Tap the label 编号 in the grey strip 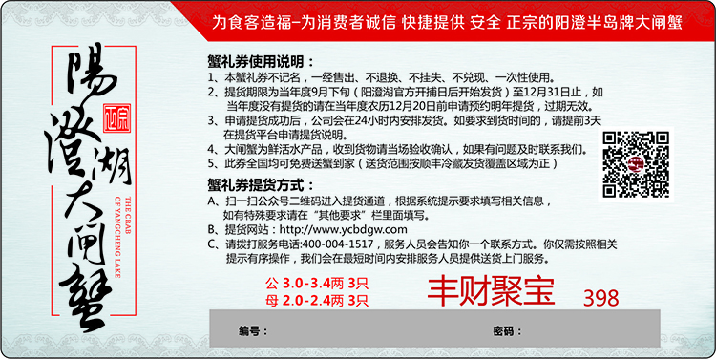pyautogui.click(x=250, y=330)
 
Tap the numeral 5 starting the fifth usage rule pyautogui.click(x=211, y=164)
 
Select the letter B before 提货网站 pyautogui.click(x=211, y=229)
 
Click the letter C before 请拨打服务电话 pyautogui.click(x=211, y=244)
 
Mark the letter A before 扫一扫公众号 pyautogui.click(x=211, y=201)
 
